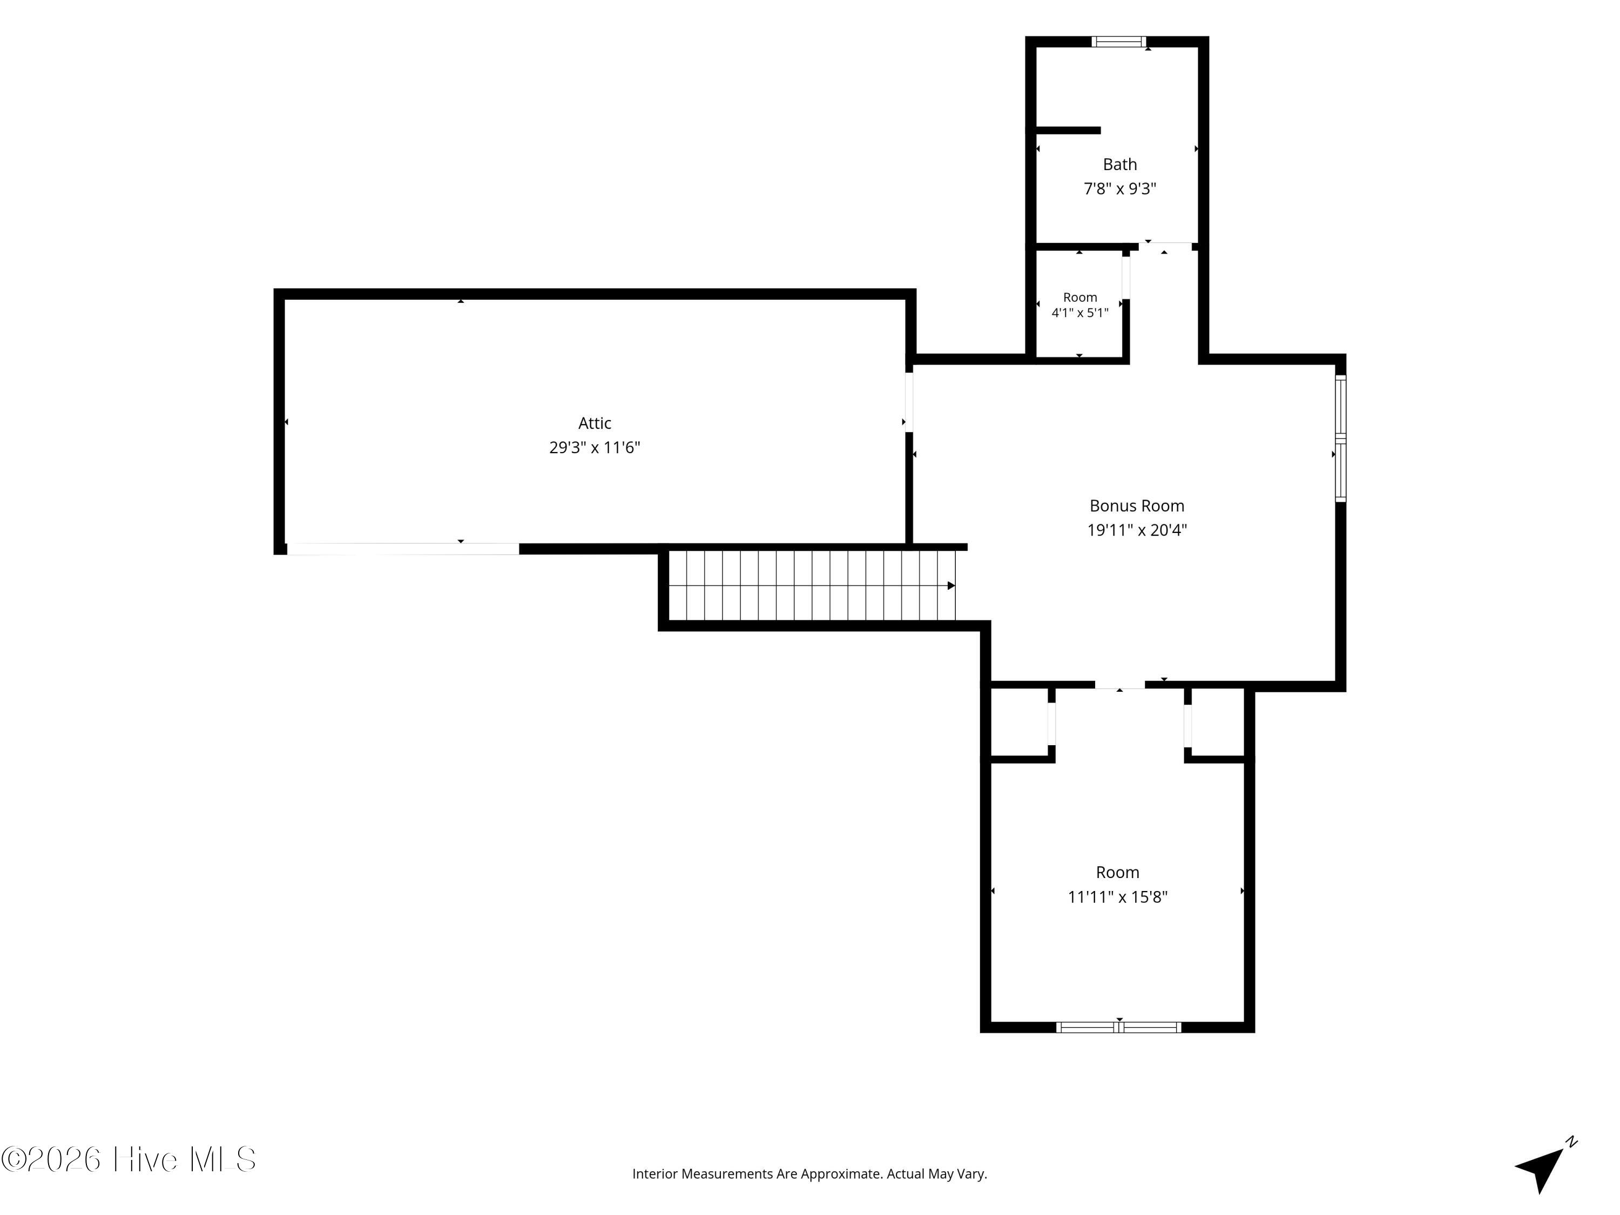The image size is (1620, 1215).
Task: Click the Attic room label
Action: (x=595, y=423)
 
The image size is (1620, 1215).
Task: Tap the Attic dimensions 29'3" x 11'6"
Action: (x=595, y=448)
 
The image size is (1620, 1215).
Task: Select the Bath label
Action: (x=1120, y=164)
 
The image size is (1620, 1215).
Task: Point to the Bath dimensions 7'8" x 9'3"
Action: (x=1120, y=189)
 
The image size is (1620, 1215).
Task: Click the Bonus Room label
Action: (x=1137, y=505)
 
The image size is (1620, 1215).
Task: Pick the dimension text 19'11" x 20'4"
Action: (x=1137, y=530)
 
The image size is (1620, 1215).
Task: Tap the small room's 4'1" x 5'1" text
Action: (x=1080, y=313)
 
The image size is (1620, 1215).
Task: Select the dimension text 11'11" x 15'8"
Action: (x=1118, y=896)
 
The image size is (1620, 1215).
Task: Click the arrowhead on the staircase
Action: (x=951, y=585)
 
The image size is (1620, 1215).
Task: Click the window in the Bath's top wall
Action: (x=1119, y=42)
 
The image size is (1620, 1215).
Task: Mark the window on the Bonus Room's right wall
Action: (x=1340, y=438)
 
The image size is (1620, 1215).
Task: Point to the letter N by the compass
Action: (x=1571, y=1142)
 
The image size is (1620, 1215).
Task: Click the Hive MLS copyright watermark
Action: (x=129, y=1159)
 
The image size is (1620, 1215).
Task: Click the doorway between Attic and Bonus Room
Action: (x=909, y=402)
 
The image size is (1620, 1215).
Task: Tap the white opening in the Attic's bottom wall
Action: (x=403, y=549)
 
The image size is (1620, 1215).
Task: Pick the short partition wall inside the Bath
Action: (x=1068, y=130)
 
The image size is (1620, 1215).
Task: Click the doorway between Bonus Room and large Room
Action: (x=1120, y=685)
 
